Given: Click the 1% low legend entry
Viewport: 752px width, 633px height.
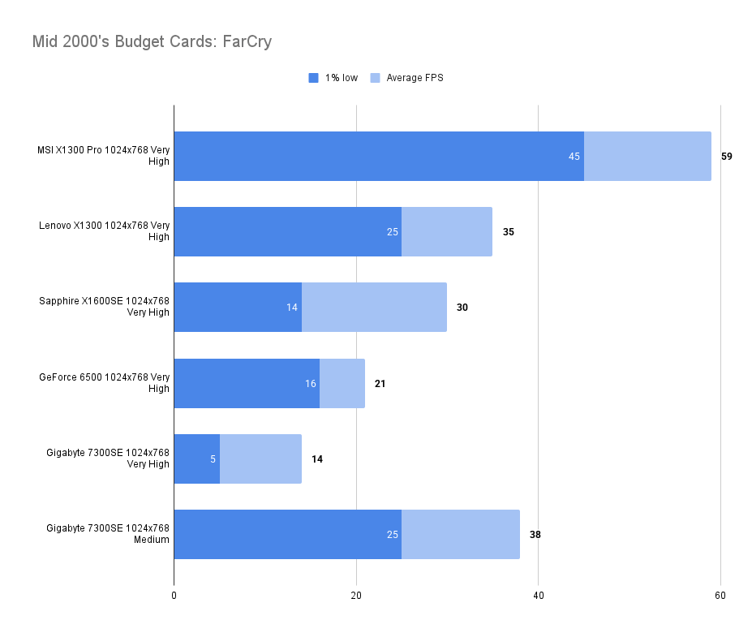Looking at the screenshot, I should (x=333, y=78).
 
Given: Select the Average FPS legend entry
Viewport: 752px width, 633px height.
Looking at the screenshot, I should (x=407, y=78).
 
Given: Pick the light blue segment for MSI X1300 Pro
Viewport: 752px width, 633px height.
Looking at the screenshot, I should (x=647, y=156).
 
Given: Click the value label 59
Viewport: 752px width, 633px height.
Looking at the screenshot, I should (x=726, y=156).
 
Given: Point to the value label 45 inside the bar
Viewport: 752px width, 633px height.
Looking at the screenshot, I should (x=574, y=156).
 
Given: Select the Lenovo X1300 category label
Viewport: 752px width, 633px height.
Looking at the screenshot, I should (x=105, y=231).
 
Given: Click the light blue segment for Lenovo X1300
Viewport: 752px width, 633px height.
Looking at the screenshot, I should (x=447, y=231).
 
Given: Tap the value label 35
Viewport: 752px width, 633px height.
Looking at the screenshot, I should (x=509, y=231).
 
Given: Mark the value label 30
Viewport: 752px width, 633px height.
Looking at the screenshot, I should (x=462, y=308).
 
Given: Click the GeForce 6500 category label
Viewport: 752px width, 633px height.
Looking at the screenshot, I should (x=105, y=382).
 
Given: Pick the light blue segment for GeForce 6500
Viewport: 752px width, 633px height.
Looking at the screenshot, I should (x=342, y=383).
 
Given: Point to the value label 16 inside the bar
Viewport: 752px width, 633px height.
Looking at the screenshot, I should (x=311, y=383).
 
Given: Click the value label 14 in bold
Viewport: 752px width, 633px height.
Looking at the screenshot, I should (x=317, y=459).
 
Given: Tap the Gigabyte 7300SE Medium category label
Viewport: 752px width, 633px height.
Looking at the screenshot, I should (x=108, y=534).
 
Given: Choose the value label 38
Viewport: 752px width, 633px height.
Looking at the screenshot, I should (x=535, y=534).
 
